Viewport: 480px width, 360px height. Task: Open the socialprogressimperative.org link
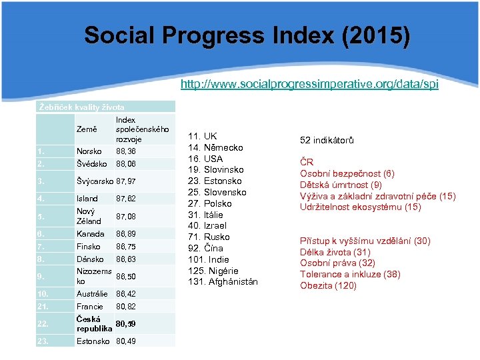[x=310, y=85]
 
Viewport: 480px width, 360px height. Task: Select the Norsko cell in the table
[x=89, y=151]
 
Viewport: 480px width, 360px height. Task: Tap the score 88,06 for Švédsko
[x=127, y=164]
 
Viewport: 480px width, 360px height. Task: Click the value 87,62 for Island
[x=127, y=199]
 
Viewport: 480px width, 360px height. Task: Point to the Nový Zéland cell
[x=89, y=216]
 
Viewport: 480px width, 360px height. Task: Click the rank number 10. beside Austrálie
[x=43, y=294]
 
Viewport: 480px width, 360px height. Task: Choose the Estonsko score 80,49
[x=127, y=342]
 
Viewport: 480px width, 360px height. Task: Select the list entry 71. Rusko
[x=208, y=237]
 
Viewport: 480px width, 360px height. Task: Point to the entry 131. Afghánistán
[x=224, y=282]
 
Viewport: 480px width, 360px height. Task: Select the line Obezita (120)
[x=328, y=286]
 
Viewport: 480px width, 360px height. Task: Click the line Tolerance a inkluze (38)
[x=350, y=275]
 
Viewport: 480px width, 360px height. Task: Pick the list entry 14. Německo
[x=214, y=147]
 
